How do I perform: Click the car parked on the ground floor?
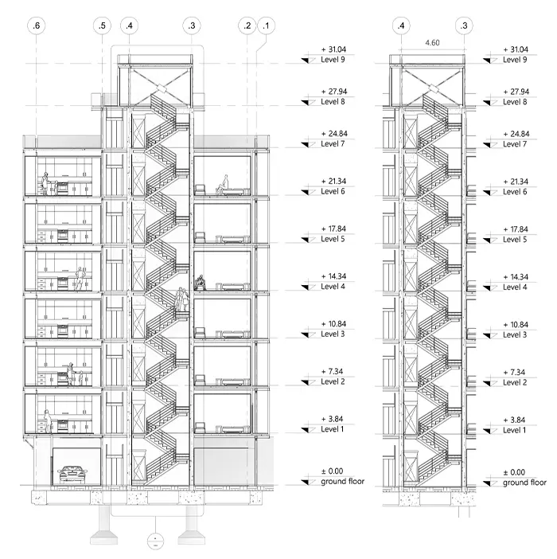pyautogui.click(x=72, y=474)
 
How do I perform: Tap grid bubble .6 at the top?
pyautogui.click(x=37, y=25)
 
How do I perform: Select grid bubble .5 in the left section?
pyautogui.click(x=102, y=25)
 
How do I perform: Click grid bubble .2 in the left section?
pyautogui.click(x=247, y=25)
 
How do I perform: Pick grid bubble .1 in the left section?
pyautogui.click(x=266, y=25)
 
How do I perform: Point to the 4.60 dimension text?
pyautogui.click(x=432, y=43)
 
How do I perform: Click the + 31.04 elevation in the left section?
pyautogui.click(x=333, y=49)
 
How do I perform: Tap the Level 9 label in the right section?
pyautogui.click(x=515, y=60)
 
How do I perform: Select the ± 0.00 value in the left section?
pyautogui.click(x=332, y=471)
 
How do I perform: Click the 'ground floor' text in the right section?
pyautogui.click(x=524, y=483)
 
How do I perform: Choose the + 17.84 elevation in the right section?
pyautogui.click(x=516, y=229)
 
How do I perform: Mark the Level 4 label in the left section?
pyautogui.click(x=333, y=287)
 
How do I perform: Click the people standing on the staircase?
pyautogui.click(x=182, y=299)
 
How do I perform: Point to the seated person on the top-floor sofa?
pyautogui.click(x=223, y=185)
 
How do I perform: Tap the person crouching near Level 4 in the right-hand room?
pyautogui.click(x=201, y=283)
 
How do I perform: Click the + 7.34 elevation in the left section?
pyautogui.click(x=333, y=372)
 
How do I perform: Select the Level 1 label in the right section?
pyautogui.click(x=514, y=430)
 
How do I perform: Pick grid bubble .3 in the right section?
pyautogui.click(x=464, y=25)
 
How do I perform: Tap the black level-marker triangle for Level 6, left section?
pyautogui.click(x=306, y=192)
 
